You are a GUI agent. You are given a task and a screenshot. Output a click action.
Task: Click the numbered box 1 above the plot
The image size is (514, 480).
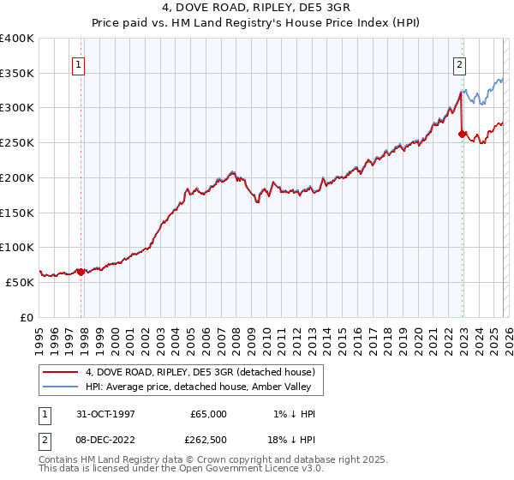(x=78, y=63)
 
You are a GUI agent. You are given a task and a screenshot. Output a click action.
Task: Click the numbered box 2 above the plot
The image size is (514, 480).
(x=459, y=63)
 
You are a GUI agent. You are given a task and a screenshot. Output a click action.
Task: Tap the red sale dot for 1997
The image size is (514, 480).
(x=81, y=272)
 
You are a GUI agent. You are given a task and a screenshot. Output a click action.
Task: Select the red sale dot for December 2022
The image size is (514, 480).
(x=463, y=134)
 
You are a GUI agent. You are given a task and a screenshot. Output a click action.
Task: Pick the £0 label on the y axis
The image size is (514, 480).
(x=27, y=317)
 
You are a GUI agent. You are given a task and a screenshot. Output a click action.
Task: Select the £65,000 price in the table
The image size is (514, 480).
(x=208, y=413)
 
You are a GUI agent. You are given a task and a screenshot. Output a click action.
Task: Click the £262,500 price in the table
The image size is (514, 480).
(x=208, y=439)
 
